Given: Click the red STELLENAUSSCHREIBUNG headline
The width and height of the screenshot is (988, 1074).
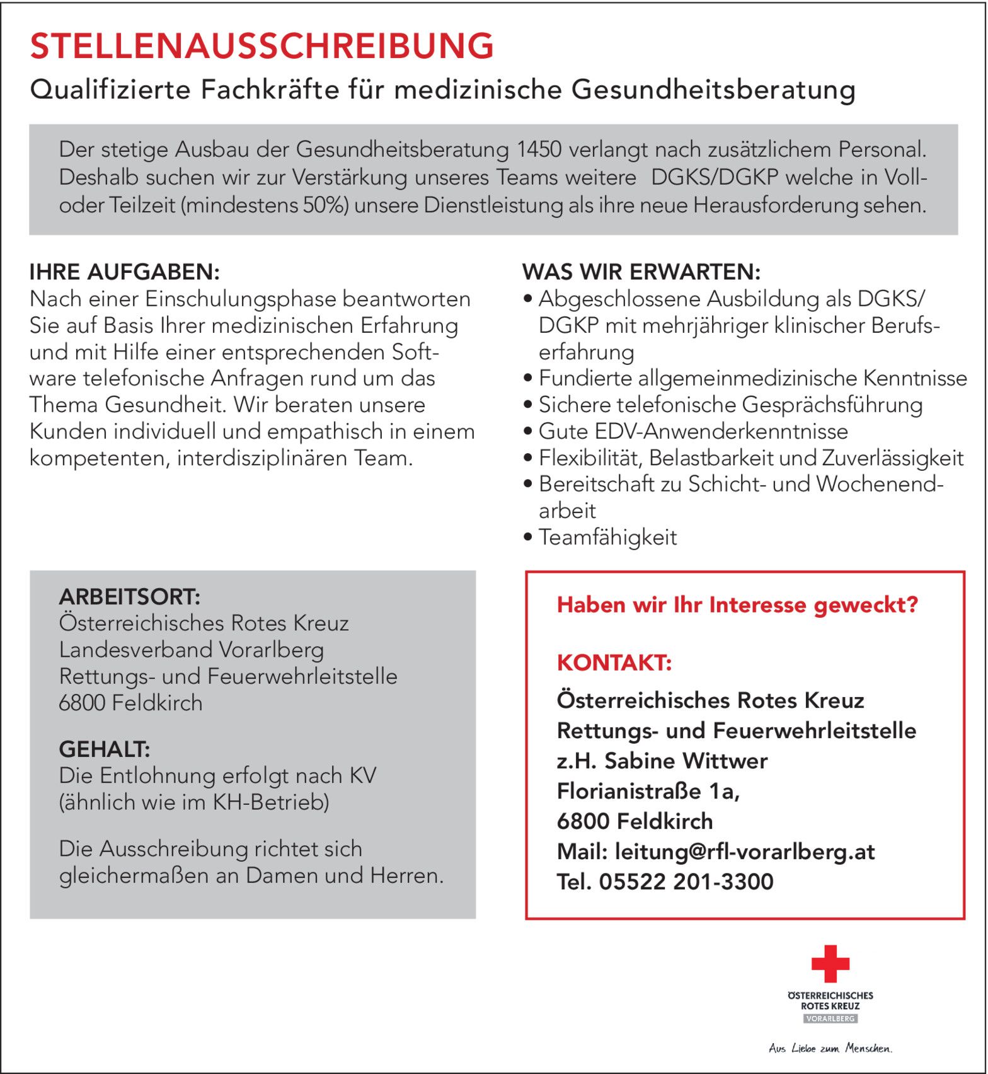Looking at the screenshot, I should tap(262, 46).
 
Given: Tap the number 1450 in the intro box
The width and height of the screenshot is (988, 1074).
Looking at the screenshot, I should tap(539, 150).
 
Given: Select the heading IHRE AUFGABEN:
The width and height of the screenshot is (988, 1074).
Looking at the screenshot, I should tap(125, 272).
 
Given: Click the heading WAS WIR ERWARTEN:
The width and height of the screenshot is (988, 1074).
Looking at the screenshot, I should tap(641, 272).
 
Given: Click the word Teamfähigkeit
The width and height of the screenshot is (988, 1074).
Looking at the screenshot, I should tap(607, 538).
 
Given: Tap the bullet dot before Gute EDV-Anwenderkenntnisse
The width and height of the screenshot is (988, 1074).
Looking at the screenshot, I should tap(528, 432).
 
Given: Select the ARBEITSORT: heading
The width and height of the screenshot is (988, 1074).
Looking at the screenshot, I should tap(129, 596).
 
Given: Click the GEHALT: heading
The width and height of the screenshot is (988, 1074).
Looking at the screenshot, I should tap(105, 749).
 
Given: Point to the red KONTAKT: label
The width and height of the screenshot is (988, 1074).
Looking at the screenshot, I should tap(614, 663).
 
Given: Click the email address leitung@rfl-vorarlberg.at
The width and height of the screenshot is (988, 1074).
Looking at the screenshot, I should tap(745, 852).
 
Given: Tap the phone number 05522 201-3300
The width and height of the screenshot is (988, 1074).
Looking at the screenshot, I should tap(686, 882).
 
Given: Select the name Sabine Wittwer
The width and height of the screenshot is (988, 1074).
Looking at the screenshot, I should tap(686, 761).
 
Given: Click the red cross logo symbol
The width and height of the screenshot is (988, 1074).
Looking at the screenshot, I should tap(830, 963).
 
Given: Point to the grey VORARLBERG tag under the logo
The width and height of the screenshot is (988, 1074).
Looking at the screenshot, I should tap(830, 1019).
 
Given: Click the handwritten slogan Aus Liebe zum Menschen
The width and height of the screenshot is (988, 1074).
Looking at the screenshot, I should tap(830, 1048).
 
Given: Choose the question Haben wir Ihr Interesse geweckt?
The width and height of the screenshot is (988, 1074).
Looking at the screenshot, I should tap(737, 605).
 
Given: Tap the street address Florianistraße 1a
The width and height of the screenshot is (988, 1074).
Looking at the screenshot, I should tap(648, 791).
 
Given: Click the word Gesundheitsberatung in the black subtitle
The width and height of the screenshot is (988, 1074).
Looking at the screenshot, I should tap(713, 89).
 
